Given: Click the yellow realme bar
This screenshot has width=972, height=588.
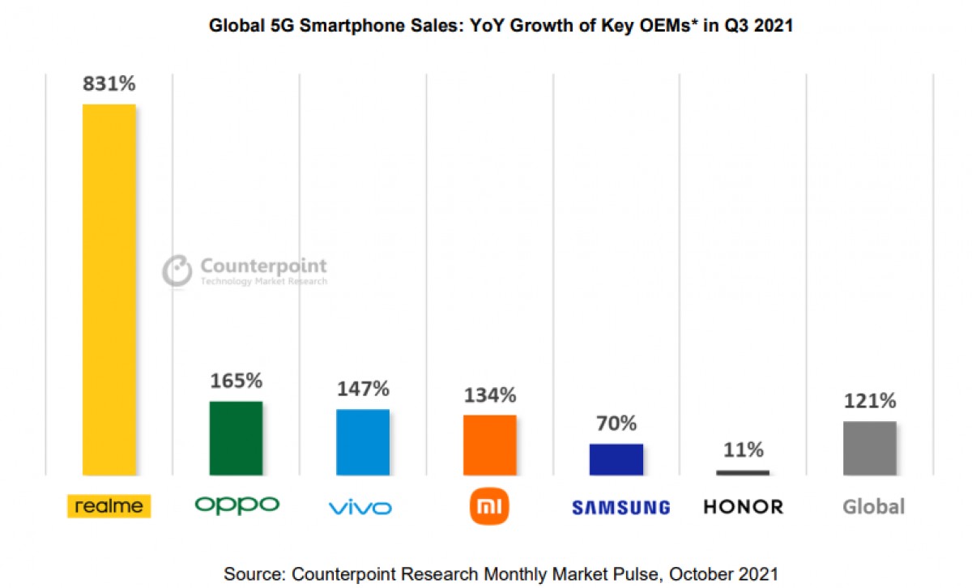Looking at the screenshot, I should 109,289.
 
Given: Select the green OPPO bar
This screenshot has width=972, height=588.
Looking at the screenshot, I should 236,437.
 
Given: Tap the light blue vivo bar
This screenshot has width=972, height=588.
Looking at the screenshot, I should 363,441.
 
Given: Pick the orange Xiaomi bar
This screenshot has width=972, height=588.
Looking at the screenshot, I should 489,445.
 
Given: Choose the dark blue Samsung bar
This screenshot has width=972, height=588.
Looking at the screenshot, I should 616,458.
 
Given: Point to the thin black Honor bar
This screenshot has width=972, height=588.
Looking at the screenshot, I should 743,472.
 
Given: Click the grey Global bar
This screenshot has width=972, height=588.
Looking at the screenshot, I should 869,448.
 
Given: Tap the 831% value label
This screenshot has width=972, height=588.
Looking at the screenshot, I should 109,83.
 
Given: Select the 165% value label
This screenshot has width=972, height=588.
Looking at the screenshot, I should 236,381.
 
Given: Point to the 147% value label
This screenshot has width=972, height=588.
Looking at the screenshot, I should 363,389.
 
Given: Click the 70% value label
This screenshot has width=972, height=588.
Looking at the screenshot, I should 616,424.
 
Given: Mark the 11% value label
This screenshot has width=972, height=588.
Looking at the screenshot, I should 743,450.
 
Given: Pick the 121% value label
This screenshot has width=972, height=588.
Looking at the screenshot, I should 869,401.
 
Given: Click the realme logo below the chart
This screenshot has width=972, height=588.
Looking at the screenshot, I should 109,507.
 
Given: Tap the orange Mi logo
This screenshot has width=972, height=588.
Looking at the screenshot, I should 489,507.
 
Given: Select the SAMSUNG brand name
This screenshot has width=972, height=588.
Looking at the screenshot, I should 620,508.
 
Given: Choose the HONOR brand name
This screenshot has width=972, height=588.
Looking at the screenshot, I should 743,507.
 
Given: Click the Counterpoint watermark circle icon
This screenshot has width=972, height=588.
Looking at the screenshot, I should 177,271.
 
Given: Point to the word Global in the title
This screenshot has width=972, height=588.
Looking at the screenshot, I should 237,26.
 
